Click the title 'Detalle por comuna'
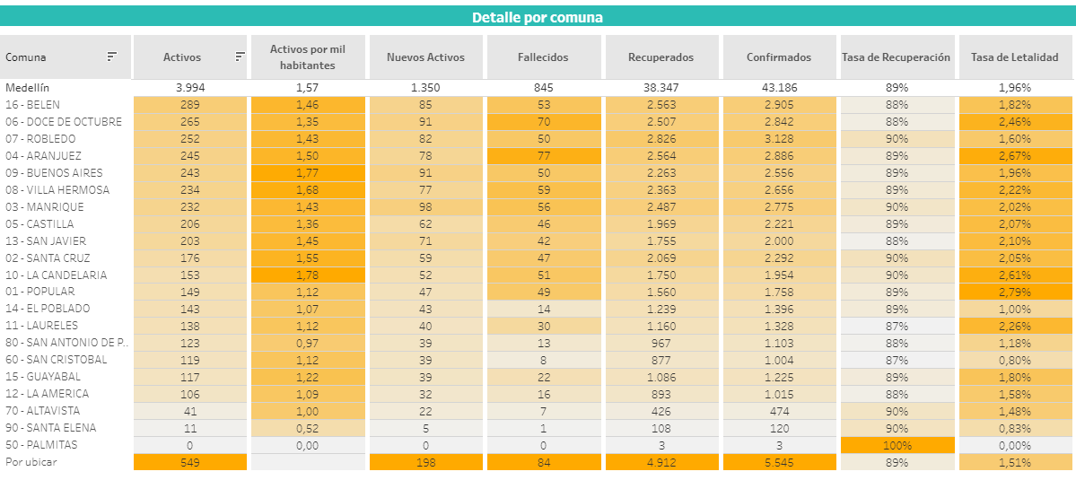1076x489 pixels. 538,17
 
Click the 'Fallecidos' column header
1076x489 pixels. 543,57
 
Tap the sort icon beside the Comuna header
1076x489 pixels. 112,57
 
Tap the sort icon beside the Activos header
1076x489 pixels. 240,57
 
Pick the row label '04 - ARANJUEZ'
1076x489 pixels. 40,156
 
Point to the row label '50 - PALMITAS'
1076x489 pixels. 41,445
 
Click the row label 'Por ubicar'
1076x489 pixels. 28,462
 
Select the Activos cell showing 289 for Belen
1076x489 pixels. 188,105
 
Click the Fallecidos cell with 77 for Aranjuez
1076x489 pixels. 543,156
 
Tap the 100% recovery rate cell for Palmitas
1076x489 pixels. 896,445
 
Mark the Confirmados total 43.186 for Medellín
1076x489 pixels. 778,88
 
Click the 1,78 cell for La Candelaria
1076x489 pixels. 308,275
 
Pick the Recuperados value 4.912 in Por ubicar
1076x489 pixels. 660,462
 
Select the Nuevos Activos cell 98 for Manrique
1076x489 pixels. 425,207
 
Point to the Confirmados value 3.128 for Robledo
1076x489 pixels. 778,139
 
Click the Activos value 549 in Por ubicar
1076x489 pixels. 188,462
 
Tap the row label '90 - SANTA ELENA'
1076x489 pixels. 51,428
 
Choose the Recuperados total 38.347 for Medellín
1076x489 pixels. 660,88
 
